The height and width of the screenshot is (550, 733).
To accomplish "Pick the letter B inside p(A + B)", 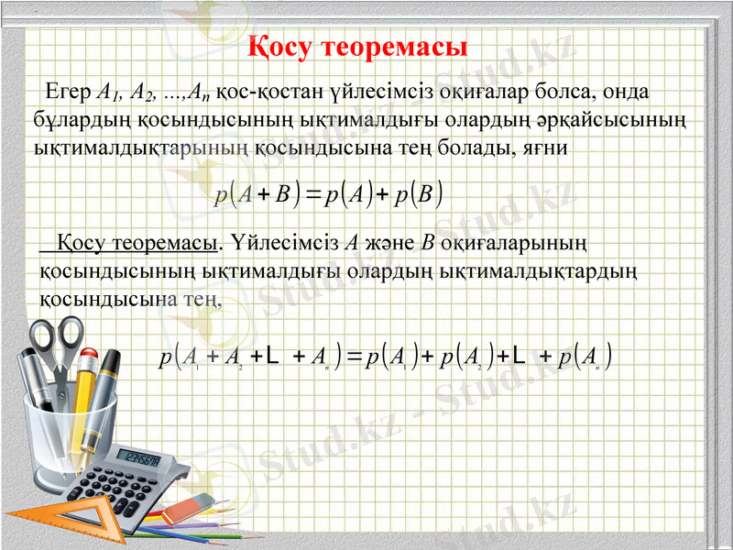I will coord(281,193).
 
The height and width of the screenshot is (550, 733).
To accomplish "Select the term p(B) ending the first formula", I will coord(419,193).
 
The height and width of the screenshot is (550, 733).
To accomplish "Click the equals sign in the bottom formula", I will coord(353,354).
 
